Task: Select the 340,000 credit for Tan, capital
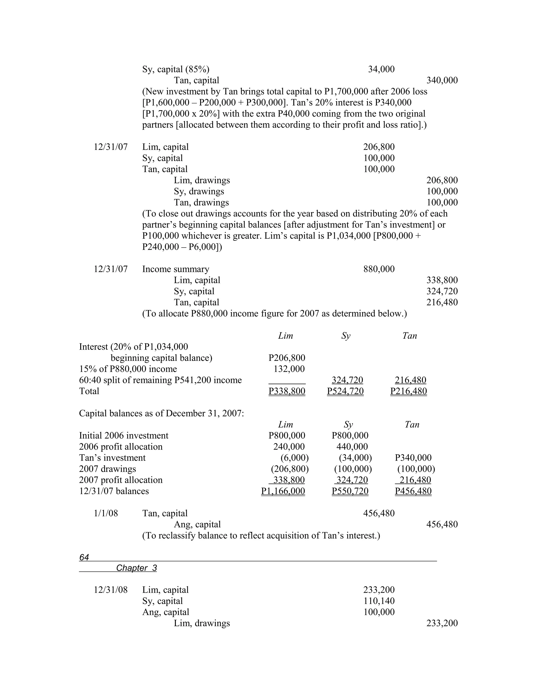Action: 442,81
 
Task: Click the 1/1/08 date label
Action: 106,513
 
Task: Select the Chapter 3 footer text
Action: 136,568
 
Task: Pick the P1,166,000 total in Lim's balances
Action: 283,491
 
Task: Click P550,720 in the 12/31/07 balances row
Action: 350,491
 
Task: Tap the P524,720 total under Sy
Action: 345,391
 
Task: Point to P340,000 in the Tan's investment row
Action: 413,458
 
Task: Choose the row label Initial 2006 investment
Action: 124,436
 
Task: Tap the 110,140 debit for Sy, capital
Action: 379,601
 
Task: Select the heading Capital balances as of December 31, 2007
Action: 161,413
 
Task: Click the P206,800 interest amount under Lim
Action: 287,358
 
